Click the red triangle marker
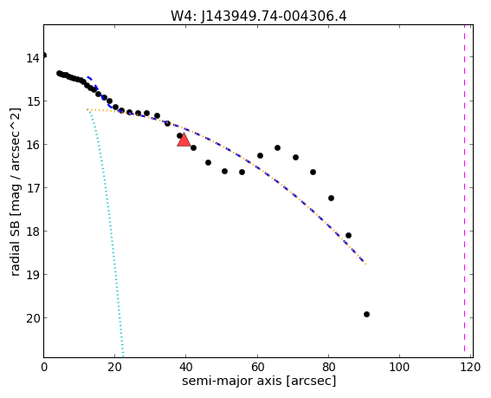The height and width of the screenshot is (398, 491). click(x=184, y=140)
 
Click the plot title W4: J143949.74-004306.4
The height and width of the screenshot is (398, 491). click(x=259, y=16)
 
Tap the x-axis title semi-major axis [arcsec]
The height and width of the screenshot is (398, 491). click(x=259, y=381)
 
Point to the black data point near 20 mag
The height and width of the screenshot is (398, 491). click(x=366, y=314)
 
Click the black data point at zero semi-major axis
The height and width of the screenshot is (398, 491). click(x=44, y=55)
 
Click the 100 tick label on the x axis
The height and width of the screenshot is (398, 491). click(x=399, y=367)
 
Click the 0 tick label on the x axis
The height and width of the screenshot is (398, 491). click(x=44, y=367)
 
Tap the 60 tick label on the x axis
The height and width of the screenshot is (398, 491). click(x=257, y=367)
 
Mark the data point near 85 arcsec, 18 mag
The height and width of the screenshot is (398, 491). click(x=348, y=235)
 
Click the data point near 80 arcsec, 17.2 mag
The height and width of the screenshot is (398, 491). click(x=331, y=198)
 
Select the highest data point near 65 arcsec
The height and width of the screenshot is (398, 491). click(x=277, y=147)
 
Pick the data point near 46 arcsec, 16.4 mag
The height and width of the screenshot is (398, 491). click(x=208, y=162)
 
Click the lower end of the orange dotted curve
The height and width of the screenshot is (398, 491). click(x=365, y=264)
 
